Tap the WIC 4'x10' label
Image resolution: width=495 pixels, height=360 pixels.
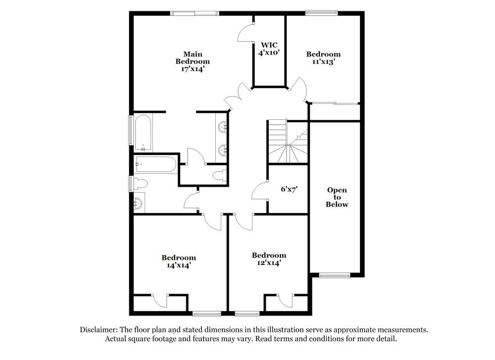click(269, 49)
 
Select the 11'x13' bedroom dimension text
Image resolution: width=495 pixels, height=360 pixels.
click(323, 62)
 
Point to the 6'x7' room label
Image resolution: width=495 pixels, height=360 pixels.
click(289, 189)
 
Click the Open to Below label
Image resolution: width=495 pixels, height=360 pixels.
click(337, 197)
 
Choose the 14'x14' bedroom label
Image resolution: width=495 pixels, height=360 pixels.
click(178, 261)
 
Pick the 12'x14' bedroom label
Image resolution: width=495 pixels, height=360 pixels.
click(269, 259)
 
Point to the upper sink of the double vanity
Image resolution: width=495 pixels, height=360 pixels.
click(222, 127)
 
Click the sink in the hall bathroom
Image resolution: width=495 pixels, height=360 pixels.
click(139, 203)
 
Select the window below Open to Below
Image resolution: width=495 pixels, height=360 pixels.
click(334, 275)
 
